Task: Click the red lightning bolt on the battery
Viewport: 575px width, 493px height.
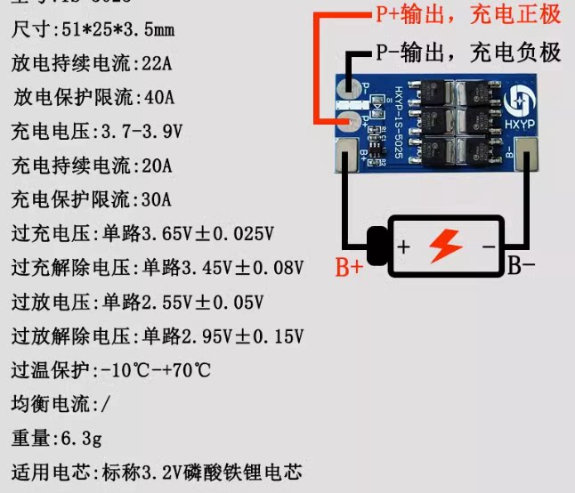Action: pos(446,245)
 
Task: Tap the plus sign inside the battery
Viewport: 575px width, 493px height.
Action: pos(403,247)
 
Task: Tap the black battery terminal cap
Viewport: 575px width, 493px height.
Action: pos(377,246)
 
